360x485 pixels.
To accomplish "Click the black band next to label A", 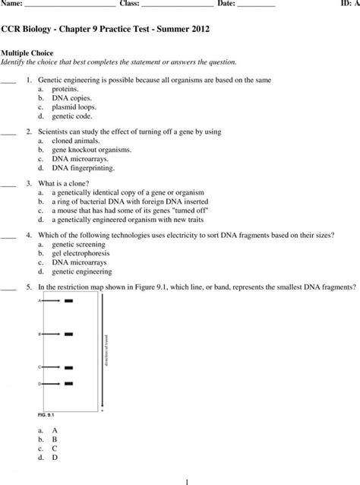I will tap(68, 301).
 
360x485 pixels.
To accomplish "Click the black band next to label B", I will tap(68, 334).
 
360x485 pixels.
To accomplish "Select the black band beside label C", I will tap(68, 366).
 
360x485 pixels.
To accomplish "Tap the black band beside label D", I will tap(68, 384).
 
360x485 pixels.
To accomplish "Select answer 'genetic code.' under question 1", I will tap(74, 116).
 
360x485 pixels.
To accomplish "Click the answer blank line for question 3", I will tap(8, 185).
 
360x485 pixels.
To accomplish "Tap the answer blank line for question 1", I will tap(8, 81).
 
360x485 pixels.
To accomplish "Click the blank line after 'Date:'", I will tap(255, 5).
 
